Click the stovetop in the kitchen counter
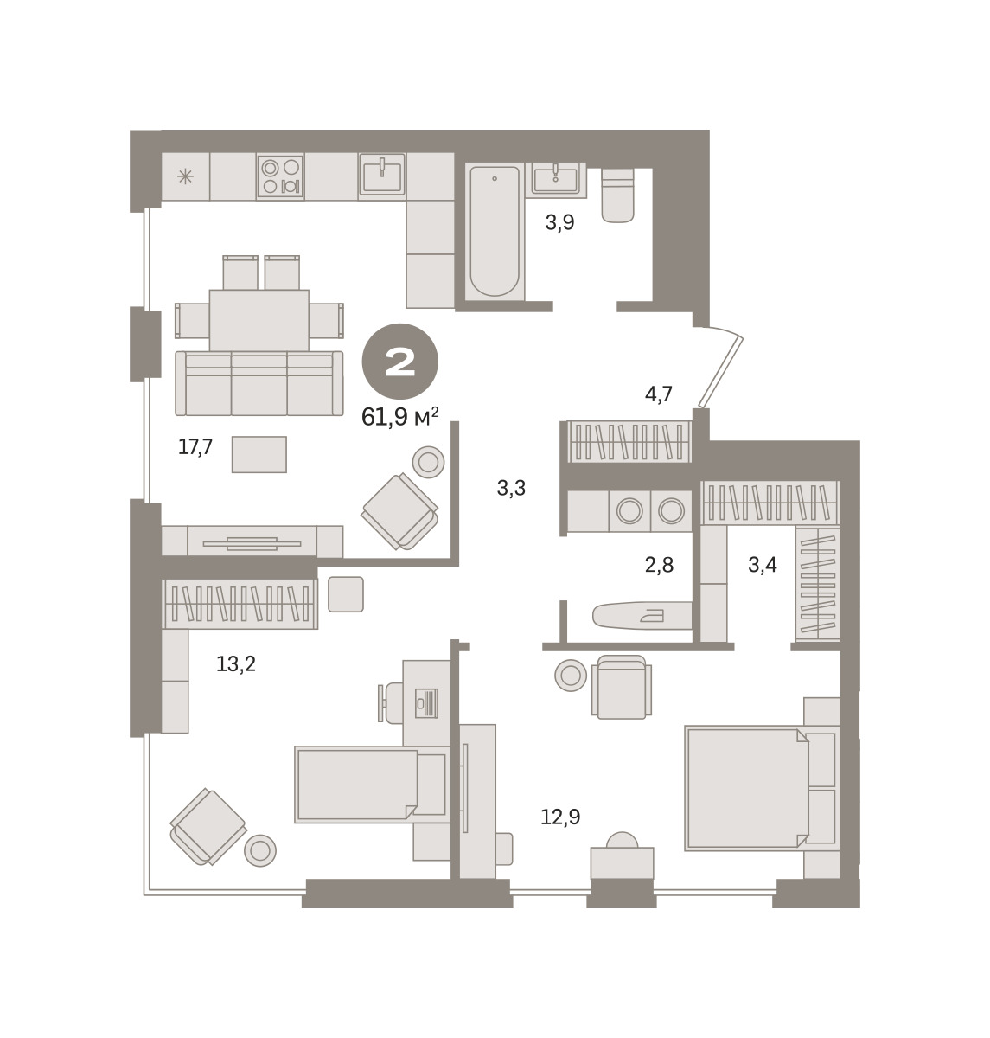click(x=280, y=176)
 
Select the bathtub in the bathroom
click(x=495, y=231)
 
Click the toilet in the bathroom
click(x=618, y=195)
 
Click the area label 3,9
click(x=560, y=223)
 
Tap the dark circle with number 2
click(x=400, y=361)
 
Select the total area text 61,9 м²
click(x=400, y=418)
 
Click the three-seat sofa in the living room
click(x=259, y=383)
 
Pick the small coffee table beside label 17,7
click(x=259, y=455)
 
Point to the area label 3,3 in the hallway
click(x=511, y=489)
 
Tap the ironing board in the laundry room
click(x=642, y=616)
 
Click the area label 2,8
click(x=659, y=566)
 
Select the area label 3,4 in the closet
click(x=763, y=566)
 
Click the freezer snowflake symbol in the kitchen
click(x=185, y=176)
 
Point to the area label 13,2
click(x=236, y=664)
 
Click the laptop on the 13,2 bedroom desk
click(x=426, y=703)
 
